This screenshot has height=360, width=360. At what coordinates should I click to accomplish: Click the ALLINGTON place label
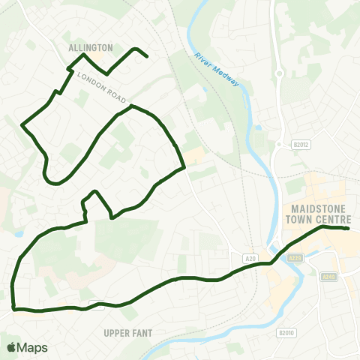click(90, 47)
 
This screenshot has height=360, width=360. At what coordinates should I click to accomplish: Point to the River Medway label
click(217, 70)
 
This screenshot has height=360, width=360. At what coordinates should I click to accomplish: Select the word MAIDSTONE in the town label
click(319, 208)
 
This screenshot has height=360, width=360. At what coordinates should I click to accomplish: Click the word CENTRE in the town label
click(334, 220)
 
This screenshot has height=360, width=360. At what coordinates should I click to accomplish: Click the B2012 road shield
click(281, 144)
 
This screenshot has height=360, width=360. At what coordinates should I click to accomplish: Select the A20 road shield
click(250, 258)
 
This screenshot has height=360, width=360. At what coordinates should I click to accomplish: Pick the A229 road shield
click(295, 258)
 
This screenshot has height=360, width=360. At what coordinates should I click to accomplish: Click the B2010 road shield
click(285, 333)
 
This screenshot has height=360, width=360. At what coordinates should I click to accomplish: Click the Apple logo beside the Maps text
click(11, 347)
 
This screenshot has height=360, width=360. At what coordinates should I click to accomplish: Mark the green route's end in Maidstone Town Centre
click(349, 229)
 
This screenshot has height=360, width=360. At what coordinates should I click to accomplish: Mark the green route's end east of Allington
click(146, 56)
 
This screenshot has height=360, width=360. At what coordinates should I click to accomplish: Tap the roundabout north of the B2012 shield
click(279, 73)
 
